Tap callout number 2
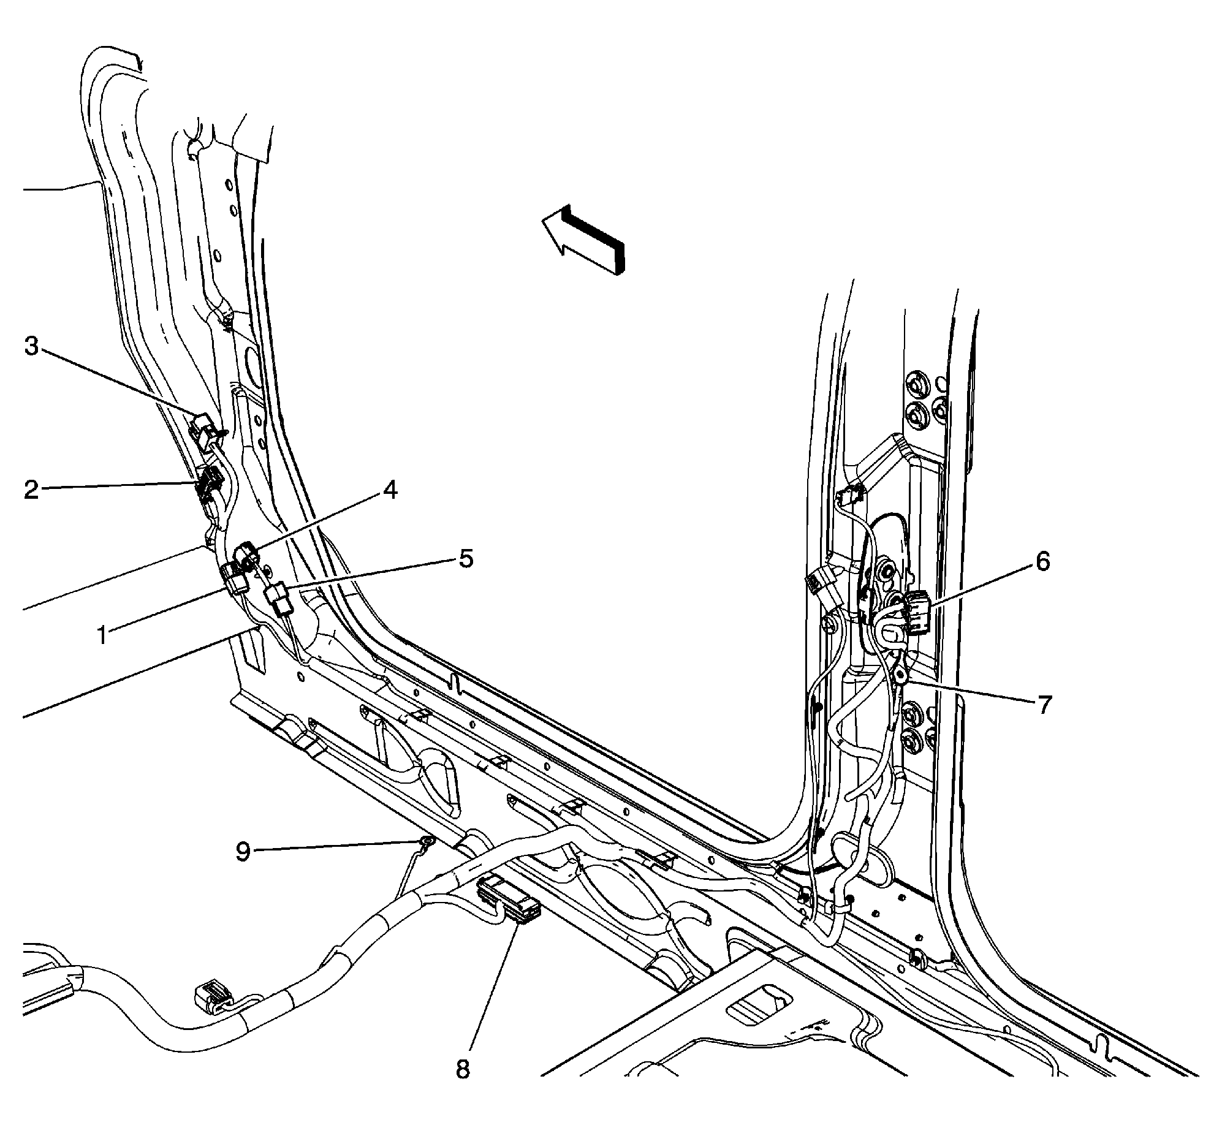click(x=32, y=490)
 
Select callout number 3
click(x=32, y=347)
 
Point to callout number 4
click(x=390, y=490)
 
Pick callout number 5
click(x=466, y=559)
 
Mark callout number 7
click(x=1044, y=705)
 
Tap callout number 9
click(x=244, y=852)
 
